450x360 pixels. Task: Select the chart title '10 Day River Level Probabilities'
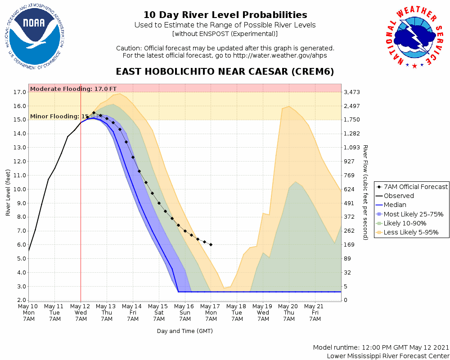click(225, 15)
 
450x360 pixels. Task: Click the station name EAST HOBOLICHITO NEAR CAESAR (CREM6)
click(225, 72)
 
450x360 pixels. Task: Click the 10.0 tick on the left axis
click(20, 189)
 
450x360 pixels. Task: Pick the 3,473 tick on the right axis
click(352, 92)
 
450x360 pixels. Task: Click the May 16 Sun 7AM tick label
click(185, 312)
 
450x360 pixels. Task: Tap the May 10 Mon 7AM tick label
click(28, 312)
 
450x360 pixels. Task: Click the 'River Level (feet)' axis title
click(8, 193)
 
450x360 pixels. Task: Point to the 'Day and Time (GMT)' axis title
click(184, 331)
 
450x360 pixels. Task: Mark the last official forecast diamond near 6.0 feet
click(211, 244)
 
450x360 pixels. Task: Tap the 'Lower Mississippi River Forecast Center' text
click(388, 356)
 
